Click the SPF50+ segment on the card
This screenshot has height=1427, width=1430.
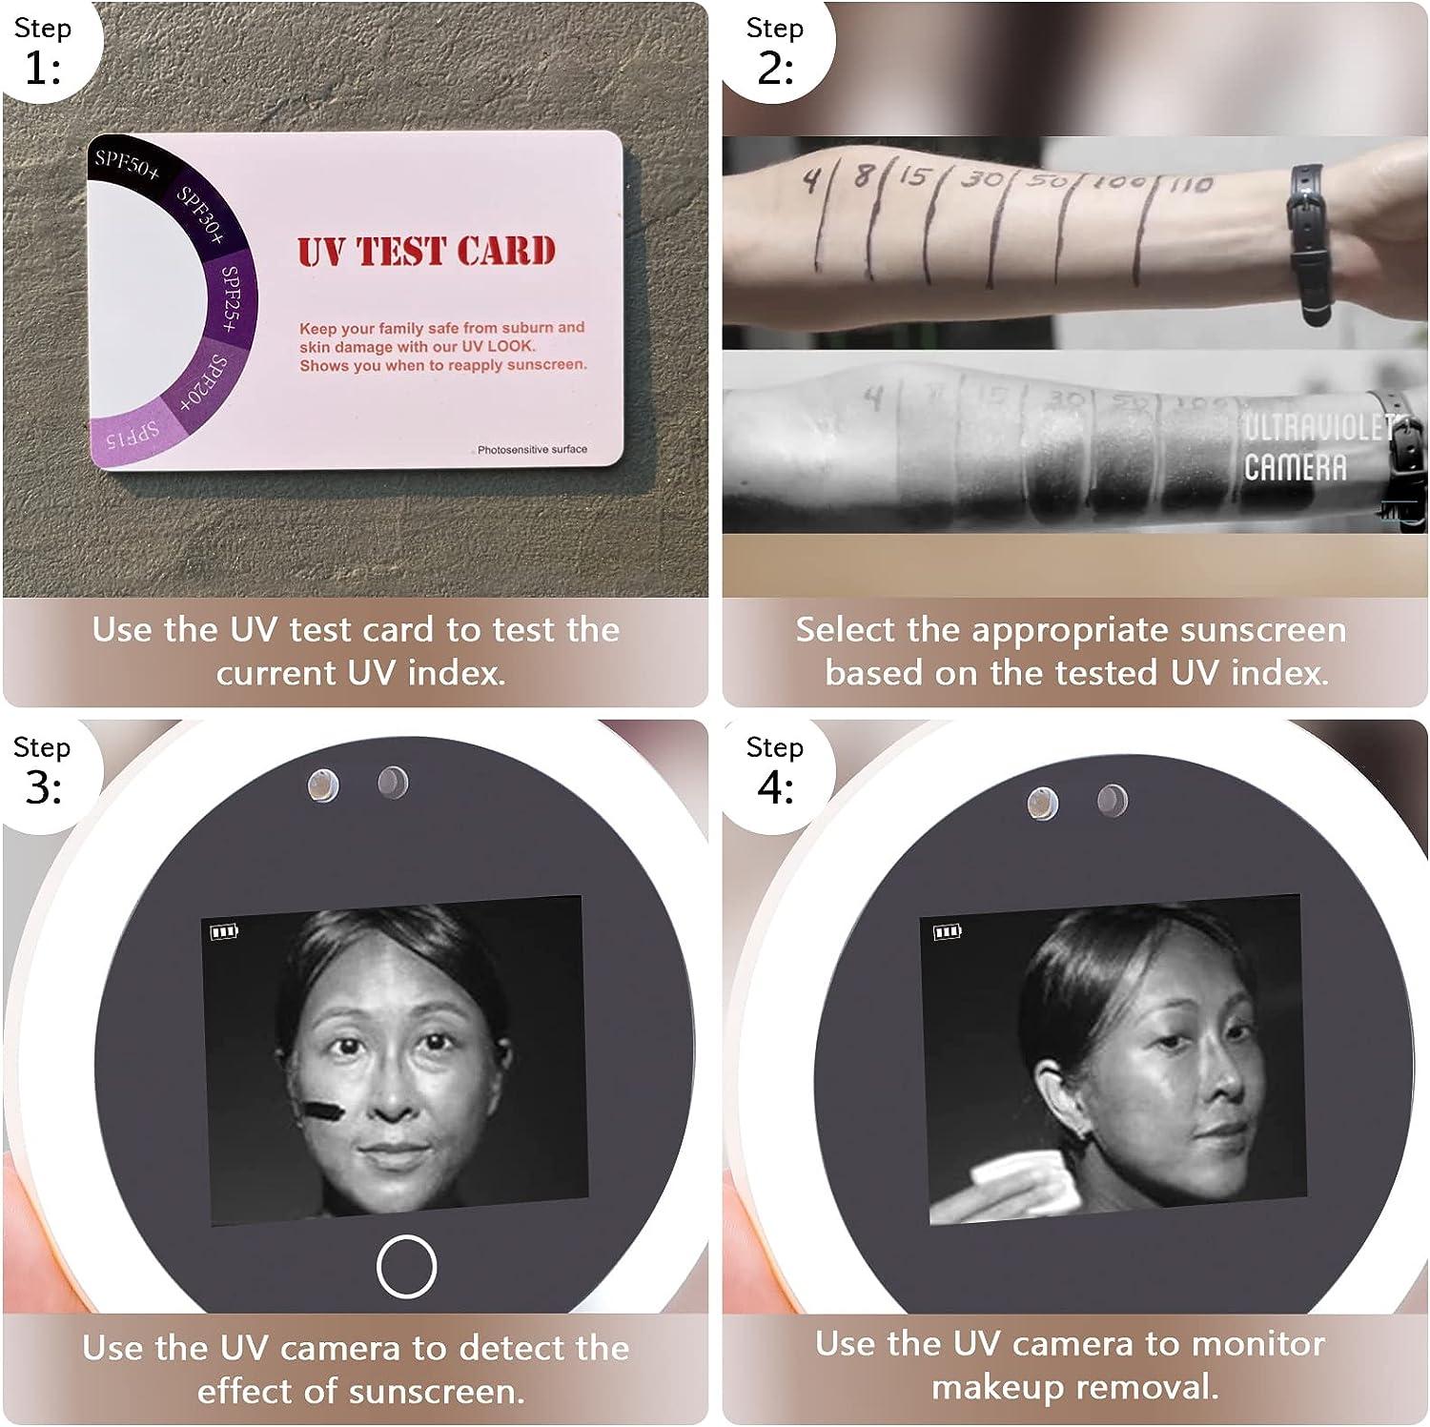pos(127,164)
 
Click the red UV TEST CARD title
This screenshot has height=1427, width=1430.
pos(426,252)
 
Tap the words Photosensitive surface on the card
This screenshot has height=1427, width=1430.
pos(532,449)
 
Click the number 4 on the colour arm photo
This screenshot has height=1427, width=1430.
pos(811,178)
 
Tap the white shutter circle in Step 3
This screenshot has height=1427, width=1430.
pos(406,1266)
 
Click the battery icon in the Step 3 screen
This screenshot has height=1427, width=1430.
pos(224,931)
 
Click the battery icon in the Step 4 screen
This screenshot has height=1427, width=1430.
pos(947,931)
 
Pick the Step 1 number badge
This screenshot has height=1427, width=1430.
pos(43,52)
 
